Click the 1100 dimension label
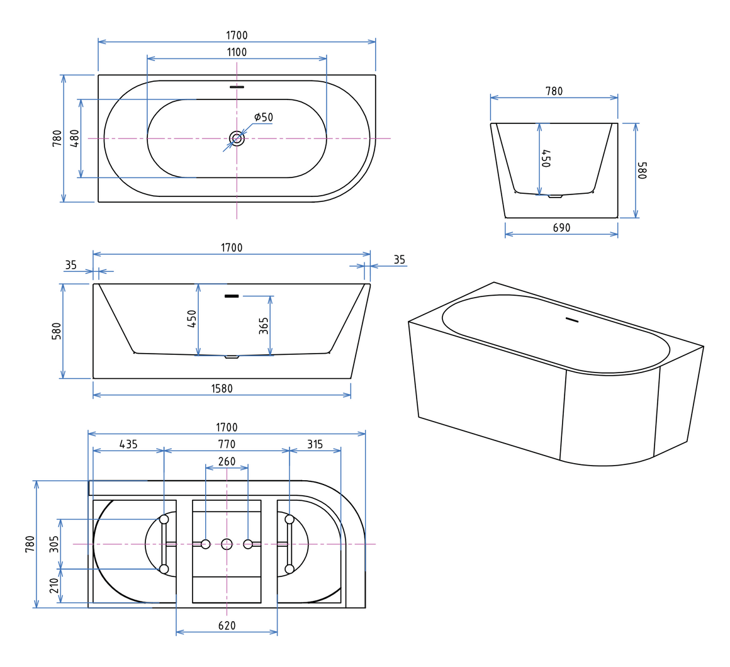237,52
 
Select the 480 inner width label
74,138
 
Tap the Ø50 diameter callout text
264,117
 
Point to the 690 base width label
561,228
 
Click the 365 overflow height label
264,326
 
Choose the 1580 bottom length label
222,388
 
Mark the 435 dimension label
128,444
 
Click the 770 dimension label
227,444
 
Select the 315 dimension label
315,444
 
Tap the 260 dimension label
227,461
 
